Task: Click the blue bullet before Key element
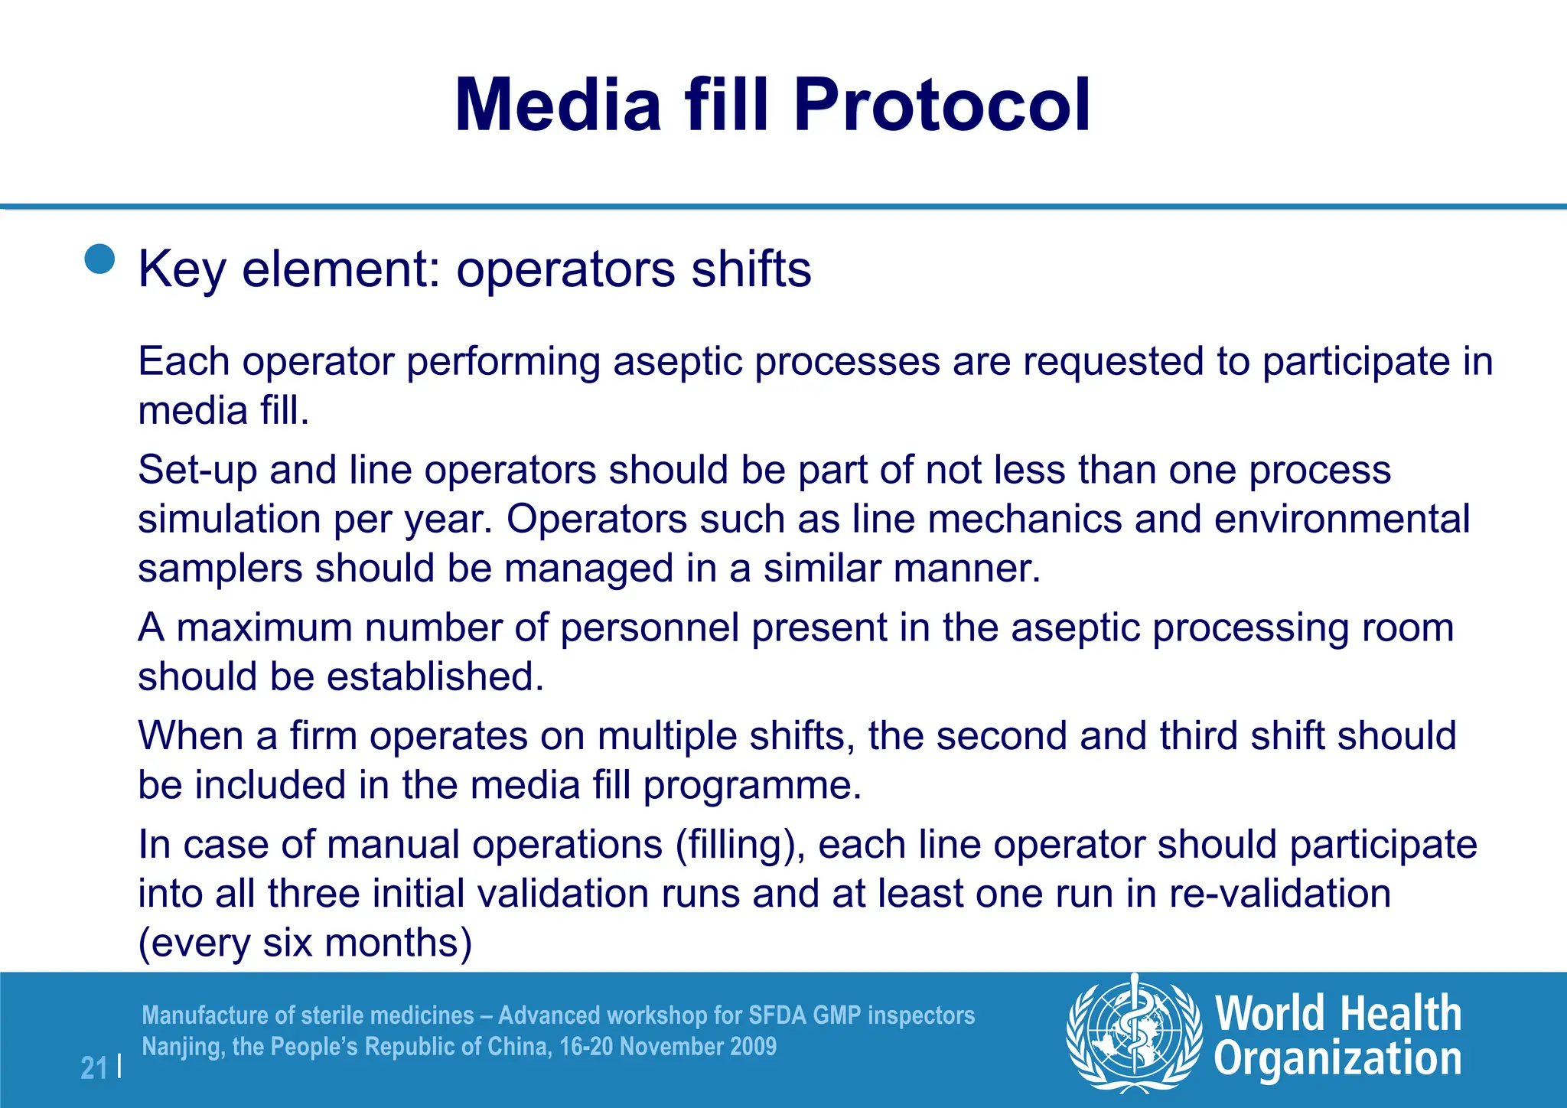click(x=99, y=259)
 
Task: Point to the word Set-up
click(x=197, y=470)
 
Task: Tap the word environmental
click(x=1341, y=519)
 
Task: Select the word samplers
click(x=220, y=569)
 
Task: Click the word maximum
click(x=264, y=627)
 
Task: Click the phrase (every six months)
click(x=305, y=943)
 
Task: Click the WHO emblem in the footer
click(x=1133, y=1033)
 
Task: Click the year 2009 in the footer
click(x=752, y=1047)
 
